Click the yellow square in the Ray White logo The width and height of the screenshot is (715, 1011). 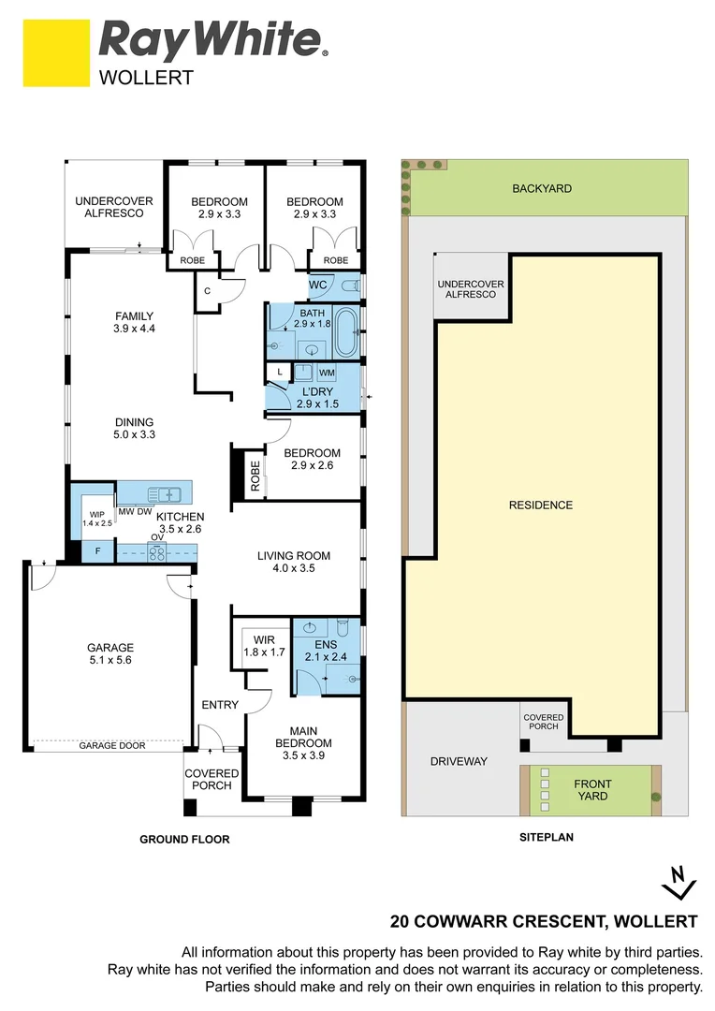tap(56, 53)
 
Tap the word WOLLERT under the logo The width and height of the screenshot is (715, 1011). tap(146, 78)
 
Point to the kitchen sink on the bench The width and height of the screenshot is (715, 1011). tap(166, 493)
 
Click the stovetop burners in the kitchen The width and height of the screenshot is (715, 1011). tap(156, 552)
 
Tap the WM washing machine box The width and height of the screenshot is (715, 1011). tap(326, 373)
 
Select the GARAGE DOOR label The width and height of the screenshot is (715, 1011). tap(110, 745)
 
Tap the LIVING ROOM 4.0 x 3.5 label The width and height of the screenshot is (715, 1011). tap(294, 562)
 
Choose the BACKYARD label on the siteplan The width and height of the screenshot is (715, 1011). tap(541, 189)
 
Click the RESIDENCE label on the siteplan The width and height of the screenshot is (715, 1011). tap(540, 505)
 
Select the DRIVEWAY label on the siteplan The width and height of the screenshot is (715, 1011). tap(459, 761)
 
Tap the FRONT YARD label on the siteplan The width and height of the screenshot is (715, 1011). tap(592, 790)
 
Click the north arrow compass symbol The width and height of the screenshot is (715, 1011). tap(679, 880)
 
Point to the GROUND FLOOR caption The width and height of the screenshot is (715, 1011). tap(184, 840)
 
